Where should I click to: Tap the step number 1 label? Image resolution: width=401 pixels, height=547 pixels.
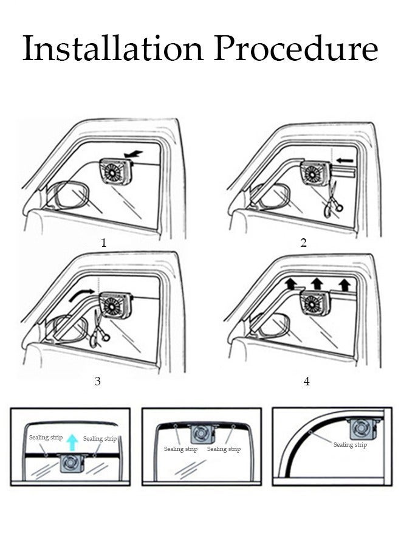(x=104, y=243)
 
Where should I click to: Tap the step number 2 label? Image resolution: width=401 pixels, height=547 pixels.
(x=304, y=243)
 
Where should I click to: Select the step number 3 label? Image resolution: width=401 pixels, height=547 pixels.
(x=97, y=382)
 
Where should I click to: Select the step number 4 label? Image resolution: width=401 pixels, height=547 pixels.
(x=306, y=382)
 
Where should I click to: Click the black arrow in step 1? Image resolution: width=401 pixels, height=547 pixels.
(x=132, y=155)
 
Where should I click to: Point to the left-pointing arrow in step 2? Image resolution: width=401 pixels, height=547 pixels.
(x=345, y=160)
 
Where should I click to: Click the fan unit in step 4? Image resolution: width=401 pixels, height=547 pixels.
(x=315, y=302)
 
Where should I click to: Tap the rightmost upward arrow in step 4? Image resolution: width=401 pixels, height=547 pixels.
(x=345, y=283)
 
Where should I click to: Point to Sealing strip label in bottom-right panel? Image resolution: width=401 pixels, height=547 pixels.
(x=350, y=445)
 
